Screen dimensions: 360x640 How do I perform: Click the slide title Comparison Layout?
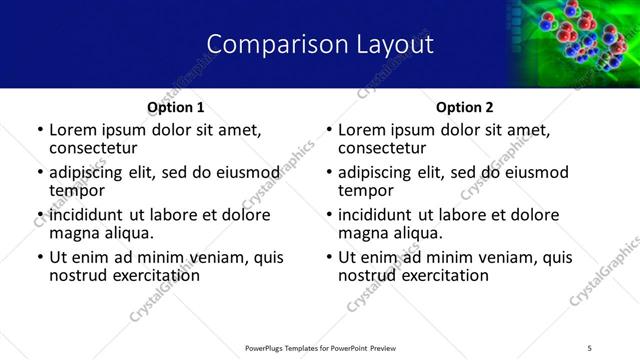click(x=320, y=45)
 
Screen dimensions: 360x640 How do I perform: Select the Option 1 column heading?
click(x=176, y=107)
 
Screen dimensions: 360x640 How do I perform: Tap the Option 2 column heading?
click(x=465, y=107)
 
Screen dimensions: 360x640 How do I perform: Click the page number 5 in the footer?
click(x=590, y=347)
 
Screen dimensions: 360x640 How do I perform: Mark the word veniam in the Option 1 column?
click(x=220, y=257)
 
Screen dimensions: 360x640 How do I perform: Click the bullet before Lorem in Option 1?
click(x=40, y=131)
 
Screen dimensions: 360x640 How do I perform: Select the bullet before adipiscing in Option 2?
click(x=329, y=173)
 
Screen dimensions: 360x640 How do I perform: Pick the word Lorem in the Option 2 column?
click(x=361, y=130)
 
